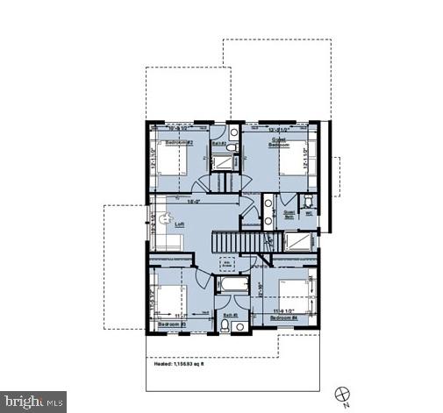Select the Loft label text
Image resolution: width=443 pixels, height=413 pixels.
tap(179, 224)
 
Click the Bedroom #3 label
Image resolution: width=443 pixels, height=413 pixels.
tap(169, 324)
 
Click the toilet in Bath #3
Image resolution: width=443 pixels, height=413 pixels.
tap(225, 327)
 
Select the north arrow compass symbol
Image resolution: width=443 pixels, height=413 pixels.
tap(341, 391)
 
